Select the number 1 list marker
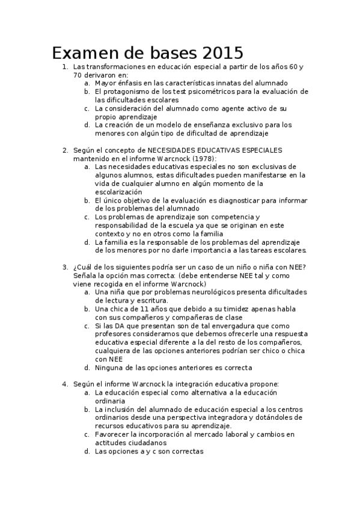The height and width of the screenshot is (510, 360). tap(65, 66)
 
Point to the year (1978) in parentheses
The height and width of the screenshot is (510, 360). tap(203, 158)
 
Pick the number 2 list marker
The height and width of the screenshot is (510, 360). tap(65, 150)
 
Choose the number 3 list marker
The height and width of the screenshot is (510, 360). tap(65, 267)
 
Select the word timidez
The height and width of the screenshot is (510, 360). tap(233, 309)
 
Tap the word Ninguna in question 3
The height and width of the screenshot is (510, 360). tap(109, 367)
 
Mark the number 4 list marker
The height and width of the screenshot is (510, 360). tap(65, 384)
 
